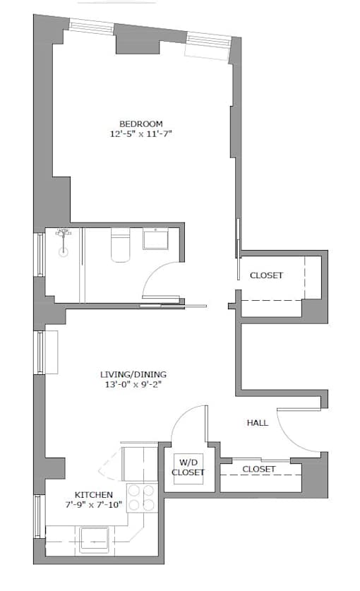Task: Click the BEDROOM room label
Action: click(141, 124)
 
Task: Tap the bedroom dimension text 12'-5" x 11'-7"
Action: click(141, 133)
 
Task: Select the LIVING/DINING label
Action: click(133, 374)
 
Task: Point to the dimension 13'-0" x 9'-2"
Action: click(133, 385)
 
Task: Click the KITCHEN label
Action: click(93, 495)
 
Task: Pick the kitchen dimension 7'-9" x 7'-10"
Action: click(94, 505)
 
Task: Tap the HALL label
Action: click(258, 423)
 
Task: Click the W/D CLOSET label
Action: click(188, 467)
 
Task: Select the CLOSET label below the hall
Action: click(258, 469)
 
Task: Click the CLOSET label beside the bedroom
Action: click(266, 275)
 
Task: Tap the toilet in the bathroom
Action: click(120, 246)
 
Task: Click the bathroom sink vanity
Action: click(155, 239)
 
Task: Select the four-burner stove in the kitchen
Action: click(142, 498)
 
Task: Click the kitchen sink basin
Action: click(95, 539)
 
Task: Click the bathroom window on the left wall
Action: click(40, 254)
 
